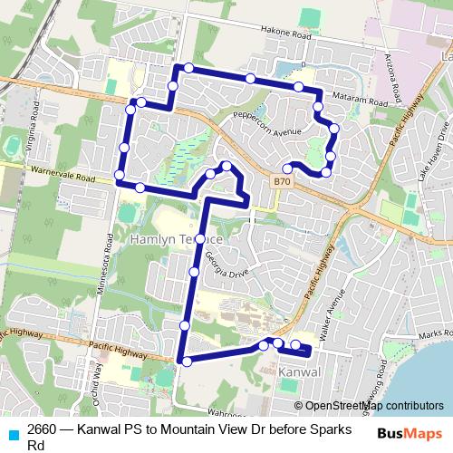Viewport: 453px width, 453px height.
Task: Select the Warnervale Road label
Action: (62, 171)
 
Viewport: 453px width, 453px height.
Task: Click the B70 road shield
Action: (282, 181)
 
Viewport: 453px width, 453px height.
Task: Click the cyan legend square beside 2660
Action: (13, 433)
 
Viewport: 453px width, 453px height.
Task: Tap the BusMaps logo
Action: (409, 433)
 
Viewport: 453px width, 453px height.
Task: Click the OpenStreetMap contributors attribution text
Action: (373, 405)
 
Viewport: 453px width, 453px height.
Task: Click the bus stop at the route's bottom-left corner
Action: (187, 361)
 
